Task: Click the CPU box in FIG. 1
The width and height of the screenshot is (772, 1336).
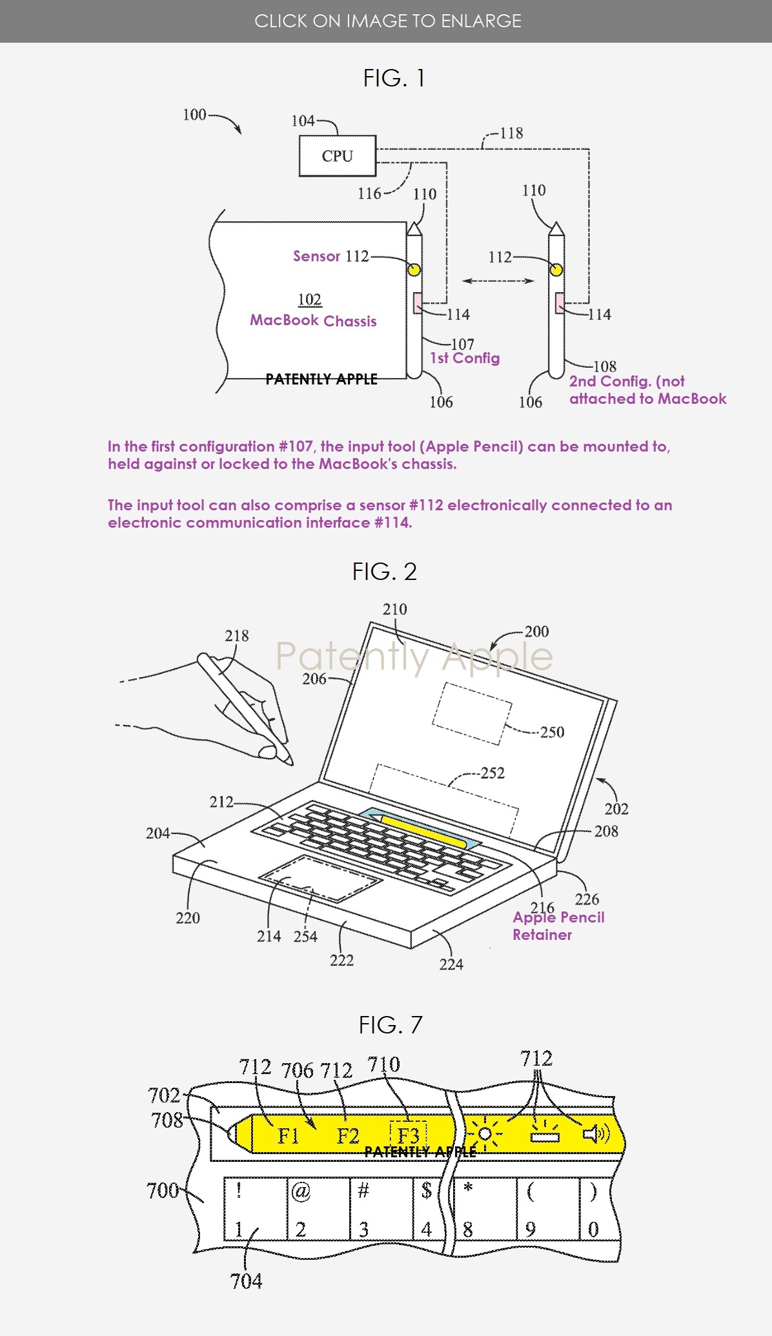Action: click(x=337, y=156)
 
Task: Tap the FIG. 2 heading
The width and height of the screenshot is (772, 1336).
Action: click(x=385, y=572)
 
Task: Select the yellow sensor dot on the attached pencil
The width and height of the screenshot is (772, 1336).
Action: click(x=414, y=269)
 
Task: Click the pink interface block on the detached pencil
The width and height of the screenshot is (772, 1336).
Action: click(x=560, y=303)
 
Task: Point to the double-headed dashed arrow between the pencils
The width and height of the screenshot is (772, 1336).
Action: click(x=498, y=281)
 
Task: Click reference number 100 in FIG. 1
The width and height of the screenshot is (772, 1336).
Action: click(x=194, y=115)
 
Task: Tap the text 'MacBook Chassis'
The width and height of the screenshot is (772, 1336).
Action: click(x=313, y=321)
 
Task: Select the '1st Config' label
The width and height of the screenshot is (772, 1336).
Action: click(x=465, y=358)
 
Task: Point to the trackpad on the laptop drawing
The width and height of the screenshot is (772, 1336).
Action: click(x=318, y=878)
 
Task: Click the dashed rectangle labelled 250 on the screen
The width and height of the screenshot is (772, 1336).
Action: click(x=472, y=713)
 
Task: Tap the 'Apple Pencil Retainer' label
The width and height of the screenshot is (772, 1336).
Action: click(x=558, y=926)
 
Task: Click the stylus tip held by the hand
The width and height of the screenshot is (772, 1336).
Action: click(x=288, y=760)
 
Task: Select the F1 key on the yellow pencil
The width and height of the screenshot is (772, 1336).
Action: click(x=289, y=1136)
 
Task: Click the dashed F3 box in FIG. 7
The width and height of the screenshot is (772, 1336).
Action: click(x=409, y=1136)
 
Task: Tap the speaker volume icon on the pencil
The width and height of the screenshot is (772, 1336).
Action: click(x=596, y=1133)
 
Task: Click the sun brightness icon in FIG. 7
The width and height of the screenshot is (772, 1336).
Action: click(x=485, y=1134)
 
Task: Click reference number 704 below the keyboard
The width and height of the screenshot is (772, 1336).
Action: click(x=246, y=1281)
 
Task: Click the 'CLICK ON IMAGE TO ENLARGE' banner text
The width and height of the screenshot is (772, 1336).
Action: click(x=387, y=21)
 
